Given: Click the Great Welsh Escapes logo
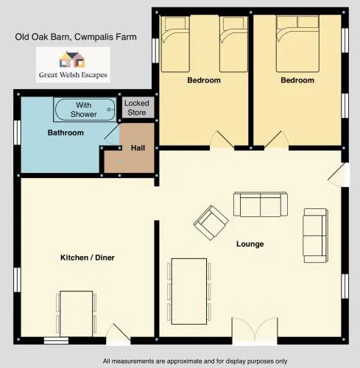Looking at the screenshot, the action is coord(73,65).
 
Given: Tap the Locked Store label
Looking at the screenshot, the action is coord(137,107).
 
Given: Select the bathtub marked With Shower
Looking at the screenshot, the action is coord(85,110).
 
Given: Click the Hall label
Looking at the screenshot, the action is coord(138,148).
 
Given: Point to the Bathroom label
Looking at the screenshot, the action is coord(66,132).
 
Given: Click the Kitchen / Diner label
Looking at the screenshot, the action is coord(88,258).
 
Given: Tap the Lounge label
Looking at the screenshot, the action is coord(250,244).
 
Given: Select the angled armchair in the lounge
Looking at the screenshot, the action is coord(211,223).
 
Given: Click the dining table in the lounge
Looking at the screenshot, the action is coord(189,291).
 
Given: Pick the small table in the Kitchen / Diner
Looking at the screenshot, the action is coord(77,314).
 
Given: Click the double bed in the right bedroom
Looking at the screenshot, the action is coord(297,43).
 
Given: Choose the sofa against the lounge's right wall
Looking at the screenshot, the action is coord(316,236).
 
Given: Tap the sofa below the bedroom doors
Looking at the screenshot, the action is coord(261,205).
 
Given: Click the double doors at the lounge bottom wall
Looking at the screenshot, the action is coord(255,329).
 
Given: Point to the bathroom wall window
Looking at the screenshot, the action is coord(17,132).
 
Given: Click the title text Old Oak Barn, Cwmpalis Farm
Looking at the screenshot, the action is coord(76,37).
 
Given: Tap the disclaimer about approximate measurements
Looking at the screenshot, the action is coord(195,361).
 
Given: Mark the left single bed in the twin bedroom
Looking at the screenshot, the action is coord(175,44).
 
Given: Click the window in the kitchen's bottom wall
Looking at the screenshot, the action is coord(56,340).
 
